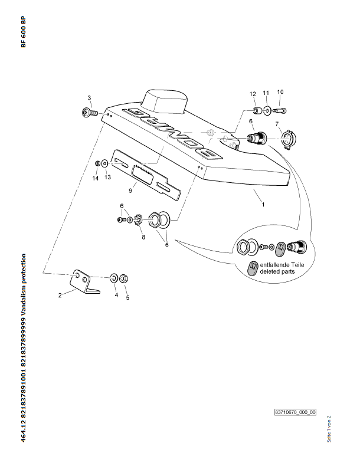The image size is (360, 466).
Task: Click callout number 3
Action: (90, 98)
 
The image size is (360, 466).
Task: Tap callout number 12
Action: (253, 94)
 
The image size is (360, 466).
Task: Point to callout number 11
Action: (266, 93)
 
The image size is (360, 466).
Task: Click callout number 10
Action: (280, 91)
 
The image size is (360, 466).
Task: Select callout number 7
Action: (276, 124)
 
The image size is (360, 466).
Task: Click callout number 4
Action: (116, 294)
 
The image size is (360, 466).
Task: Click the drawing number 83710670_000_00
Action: (296, 412)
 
